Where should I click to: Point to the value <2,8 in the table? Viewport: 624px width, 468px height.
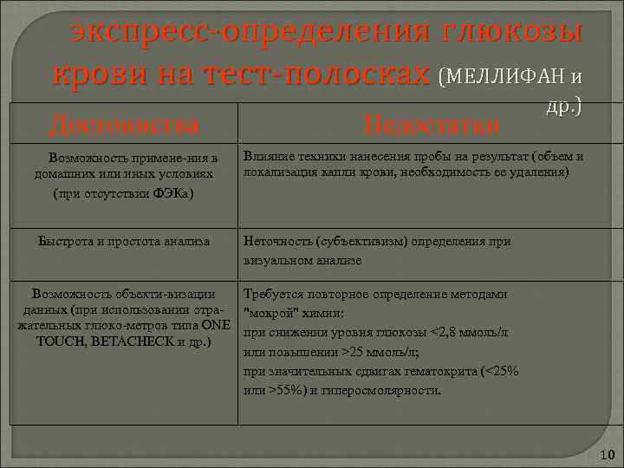(445, 333)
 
